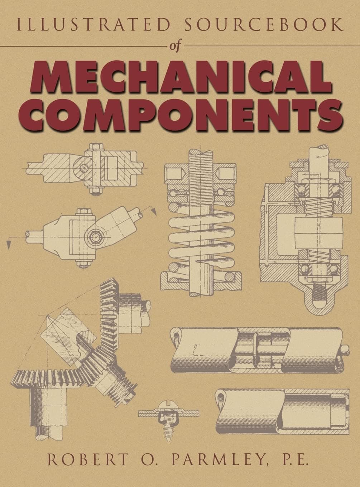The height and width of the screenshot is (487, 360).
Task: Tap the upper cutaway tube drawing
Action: coord(256,349)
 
